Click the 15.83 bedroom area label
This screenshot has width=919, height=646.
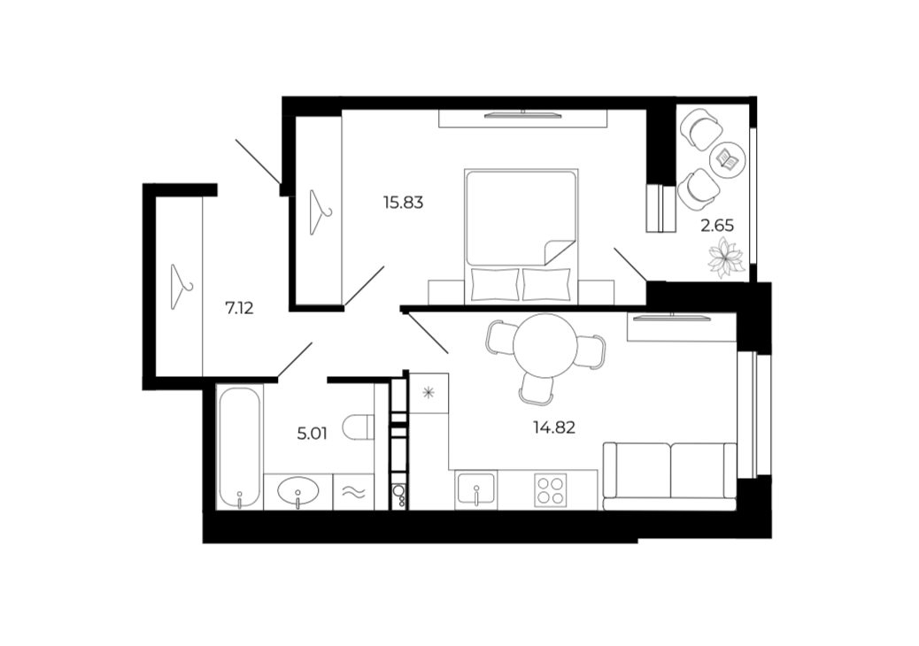click(x=403, y=203)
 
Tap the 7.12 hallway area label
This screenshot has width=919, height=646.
click(x=239, y=307)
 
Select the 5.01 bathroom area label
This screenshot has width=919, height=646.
click(x=312, y=434)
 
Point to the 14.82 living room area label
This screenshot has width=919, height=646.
click(x=554, y=427)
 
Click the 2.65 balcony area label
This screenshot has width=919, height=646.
click(x=717, y=226)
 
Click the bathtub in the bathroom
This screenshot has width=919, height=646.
click(x=239, y=448)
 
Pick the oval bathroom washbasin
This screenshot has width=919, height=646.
click(x=298, y=491)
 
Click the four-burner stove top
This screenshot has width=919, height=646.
click(x=551, y=491)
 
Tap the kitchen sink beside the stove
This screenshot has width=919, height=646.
click(x=476, y=489)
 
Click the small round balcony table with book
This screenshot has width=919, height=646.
click(x=728, y=158)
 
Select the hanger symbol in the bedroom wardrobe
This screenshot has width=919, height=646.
click(x=320, y=211)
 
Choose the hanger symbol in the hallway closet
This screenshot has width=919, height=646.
click(x=181, y=287)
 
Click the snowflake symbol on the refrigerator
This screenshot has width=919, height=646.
click(x=429, y=393)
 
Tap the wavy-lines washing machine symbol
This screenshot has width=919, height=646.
click(x=354, y=492)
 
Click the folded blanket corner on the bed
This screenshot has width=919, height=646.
click(x=560, y=252)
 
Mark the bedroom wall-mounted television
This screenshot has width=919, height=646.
click(x=523, y=115)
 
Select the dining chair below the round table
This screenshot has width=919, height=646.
click(x=536, y=388)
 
